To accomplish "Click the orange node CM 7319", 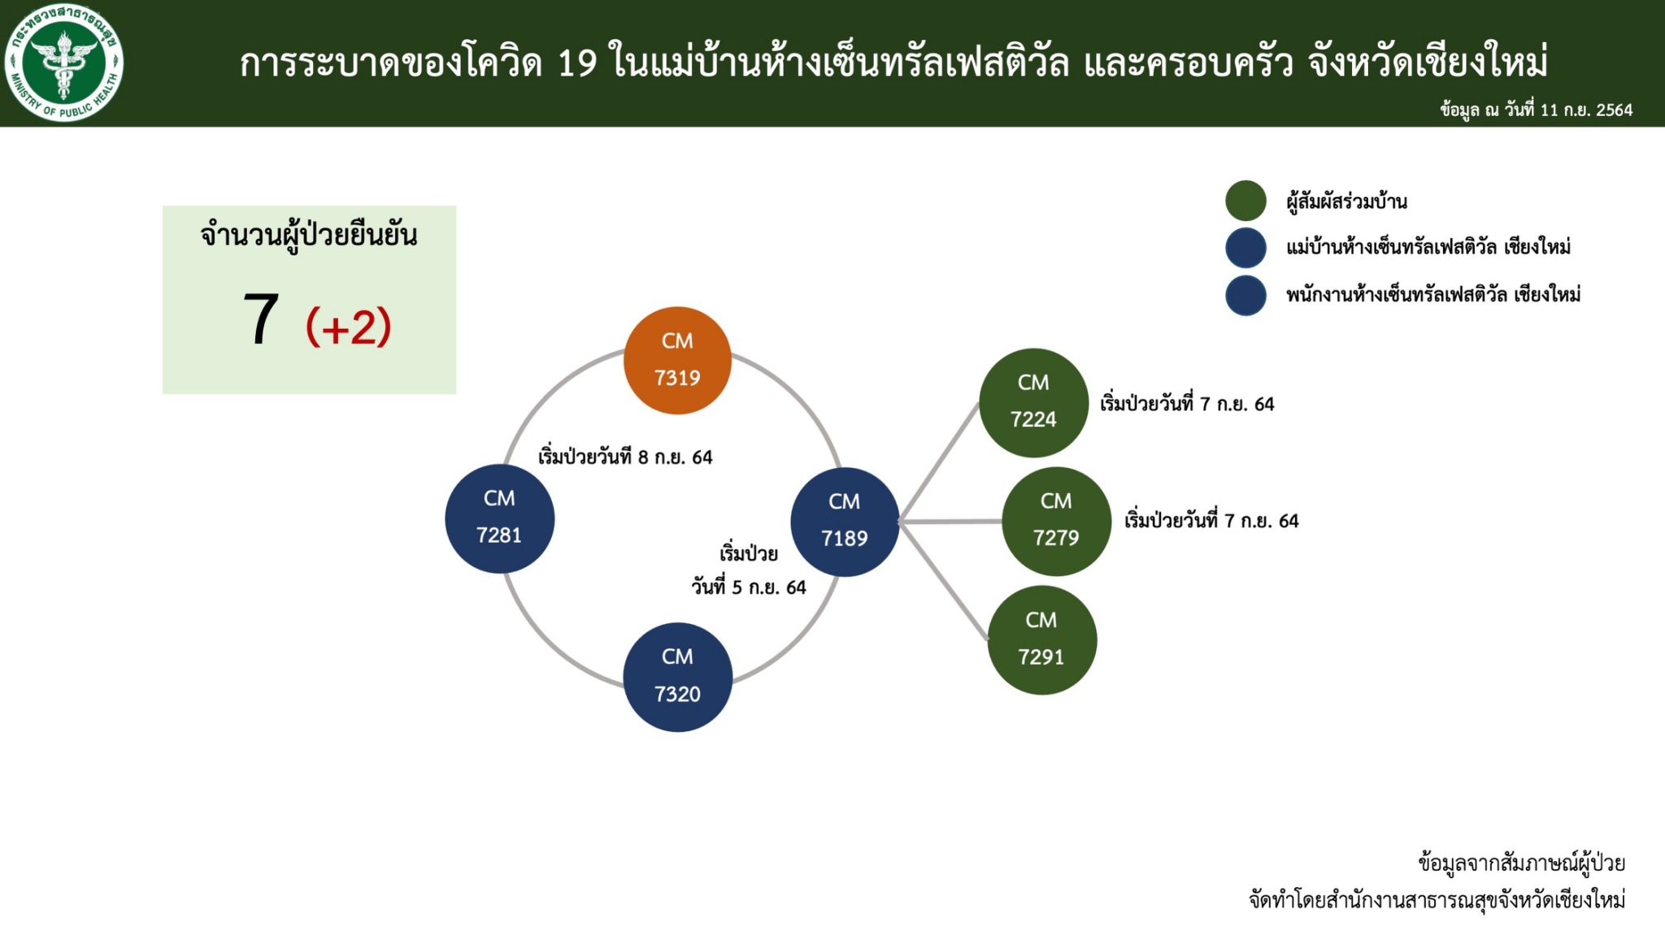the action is pyautogui.click(x=677, y=360).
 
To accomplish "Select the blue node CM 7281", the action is pyautogui.click(x=499, y=518).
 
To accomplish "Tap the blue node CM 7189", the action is pyautogui.click(x=845, y=522).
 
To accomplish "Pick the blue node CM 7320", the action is pyautogui.click(x=677, y=677).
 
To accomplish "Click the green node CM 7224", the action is pyautogui.click(x=1033, y=402).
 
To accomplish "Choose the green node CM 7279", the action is pyautogui.click(x=1056, y=521).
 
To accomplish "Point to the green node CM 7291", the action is pyautogui.click(x=1041, y=639).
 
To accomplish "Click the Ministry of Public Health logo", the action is pyautogui.click(x=63, y=63).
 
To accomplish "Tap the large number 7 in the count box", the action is pyautogui.click(x=261, y=320).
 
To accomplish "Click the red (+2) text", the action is pyautogui.click(x=349, y=327).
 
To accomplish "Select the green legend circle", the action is pyautogui.click(x=1245, y=201).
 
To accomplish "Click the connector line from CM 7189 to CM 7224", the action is pyautogui.click(x=939, y=461).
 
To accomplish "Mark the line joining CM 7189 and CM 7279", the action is pyautogui.click(x=950, y=522).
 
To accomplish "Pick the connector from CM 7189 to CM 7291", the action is pyautogui.click(x=944, y=581).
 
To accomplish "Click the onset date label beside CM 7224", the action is pyautogui.click(x=1187, y=403).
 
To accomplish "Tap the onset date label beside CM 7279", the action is pyautogui.click(x=1211, y=520).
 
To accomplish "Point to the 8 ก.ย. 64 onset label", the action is pyautogui.click(x=625, y=456).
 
